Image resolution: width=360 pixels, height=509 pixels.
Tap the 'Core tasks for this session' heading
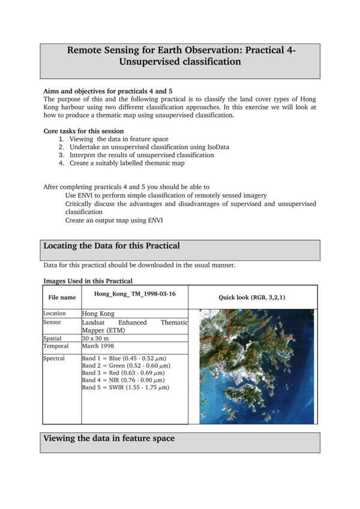(83, 131)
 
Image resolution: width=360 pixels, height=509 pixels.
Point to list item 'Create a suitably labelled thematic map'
(127, 163)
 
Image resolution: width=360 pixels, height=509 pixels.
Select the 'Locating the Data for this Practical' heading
(112, 246)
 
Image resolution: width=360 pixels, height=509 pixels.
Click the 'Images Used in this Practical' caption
(88, 281)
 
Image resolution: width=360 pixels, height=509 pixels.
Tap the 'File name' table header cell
(62, 297)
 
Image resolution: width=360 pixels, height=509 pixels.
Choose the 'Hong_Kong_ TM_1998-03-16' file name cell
(135, 294)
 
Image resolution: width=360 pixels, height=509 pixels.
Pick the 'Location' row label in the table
(55, 313)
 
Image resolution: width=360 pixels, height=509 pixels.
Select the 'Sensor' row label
(53, 322)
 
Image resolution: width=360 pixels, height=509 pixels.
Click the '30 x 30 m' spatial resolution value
(98, 338)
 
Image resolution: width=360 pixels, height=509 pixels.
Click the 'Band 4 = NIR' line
(124, 380)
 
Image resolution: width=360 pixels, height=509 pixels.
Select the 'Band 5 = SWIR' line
(125, 387)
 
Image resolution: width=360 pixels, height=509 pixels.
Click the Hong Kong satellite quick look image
(256, 366)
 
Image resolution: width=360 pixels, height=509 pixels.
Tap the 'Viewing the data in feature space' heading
(109, 438)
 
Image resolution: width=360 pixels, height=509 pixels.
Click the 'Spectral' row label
(55, 358)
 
